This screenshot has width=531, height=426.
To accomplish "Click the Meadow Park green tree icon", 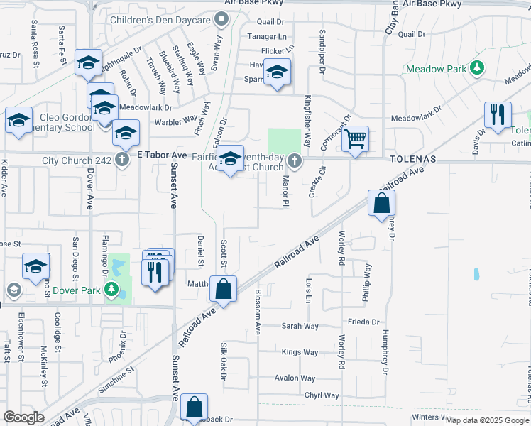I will click(x=478, y=69).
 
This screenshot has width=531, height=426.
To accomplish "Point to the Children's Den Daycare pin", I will click(x=221, y=20).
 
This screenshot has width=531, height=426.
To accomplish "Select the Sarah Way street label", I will click(x=300, y=326).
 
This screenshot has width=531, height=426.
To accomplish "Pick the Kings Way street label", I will click(x=300, y=352).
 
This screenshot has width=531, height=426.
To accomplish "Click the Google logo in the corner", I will click(x=23, y=417).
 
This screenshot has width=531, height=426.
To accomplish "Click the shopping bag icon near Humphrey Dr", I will click(x=382, y=203).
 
